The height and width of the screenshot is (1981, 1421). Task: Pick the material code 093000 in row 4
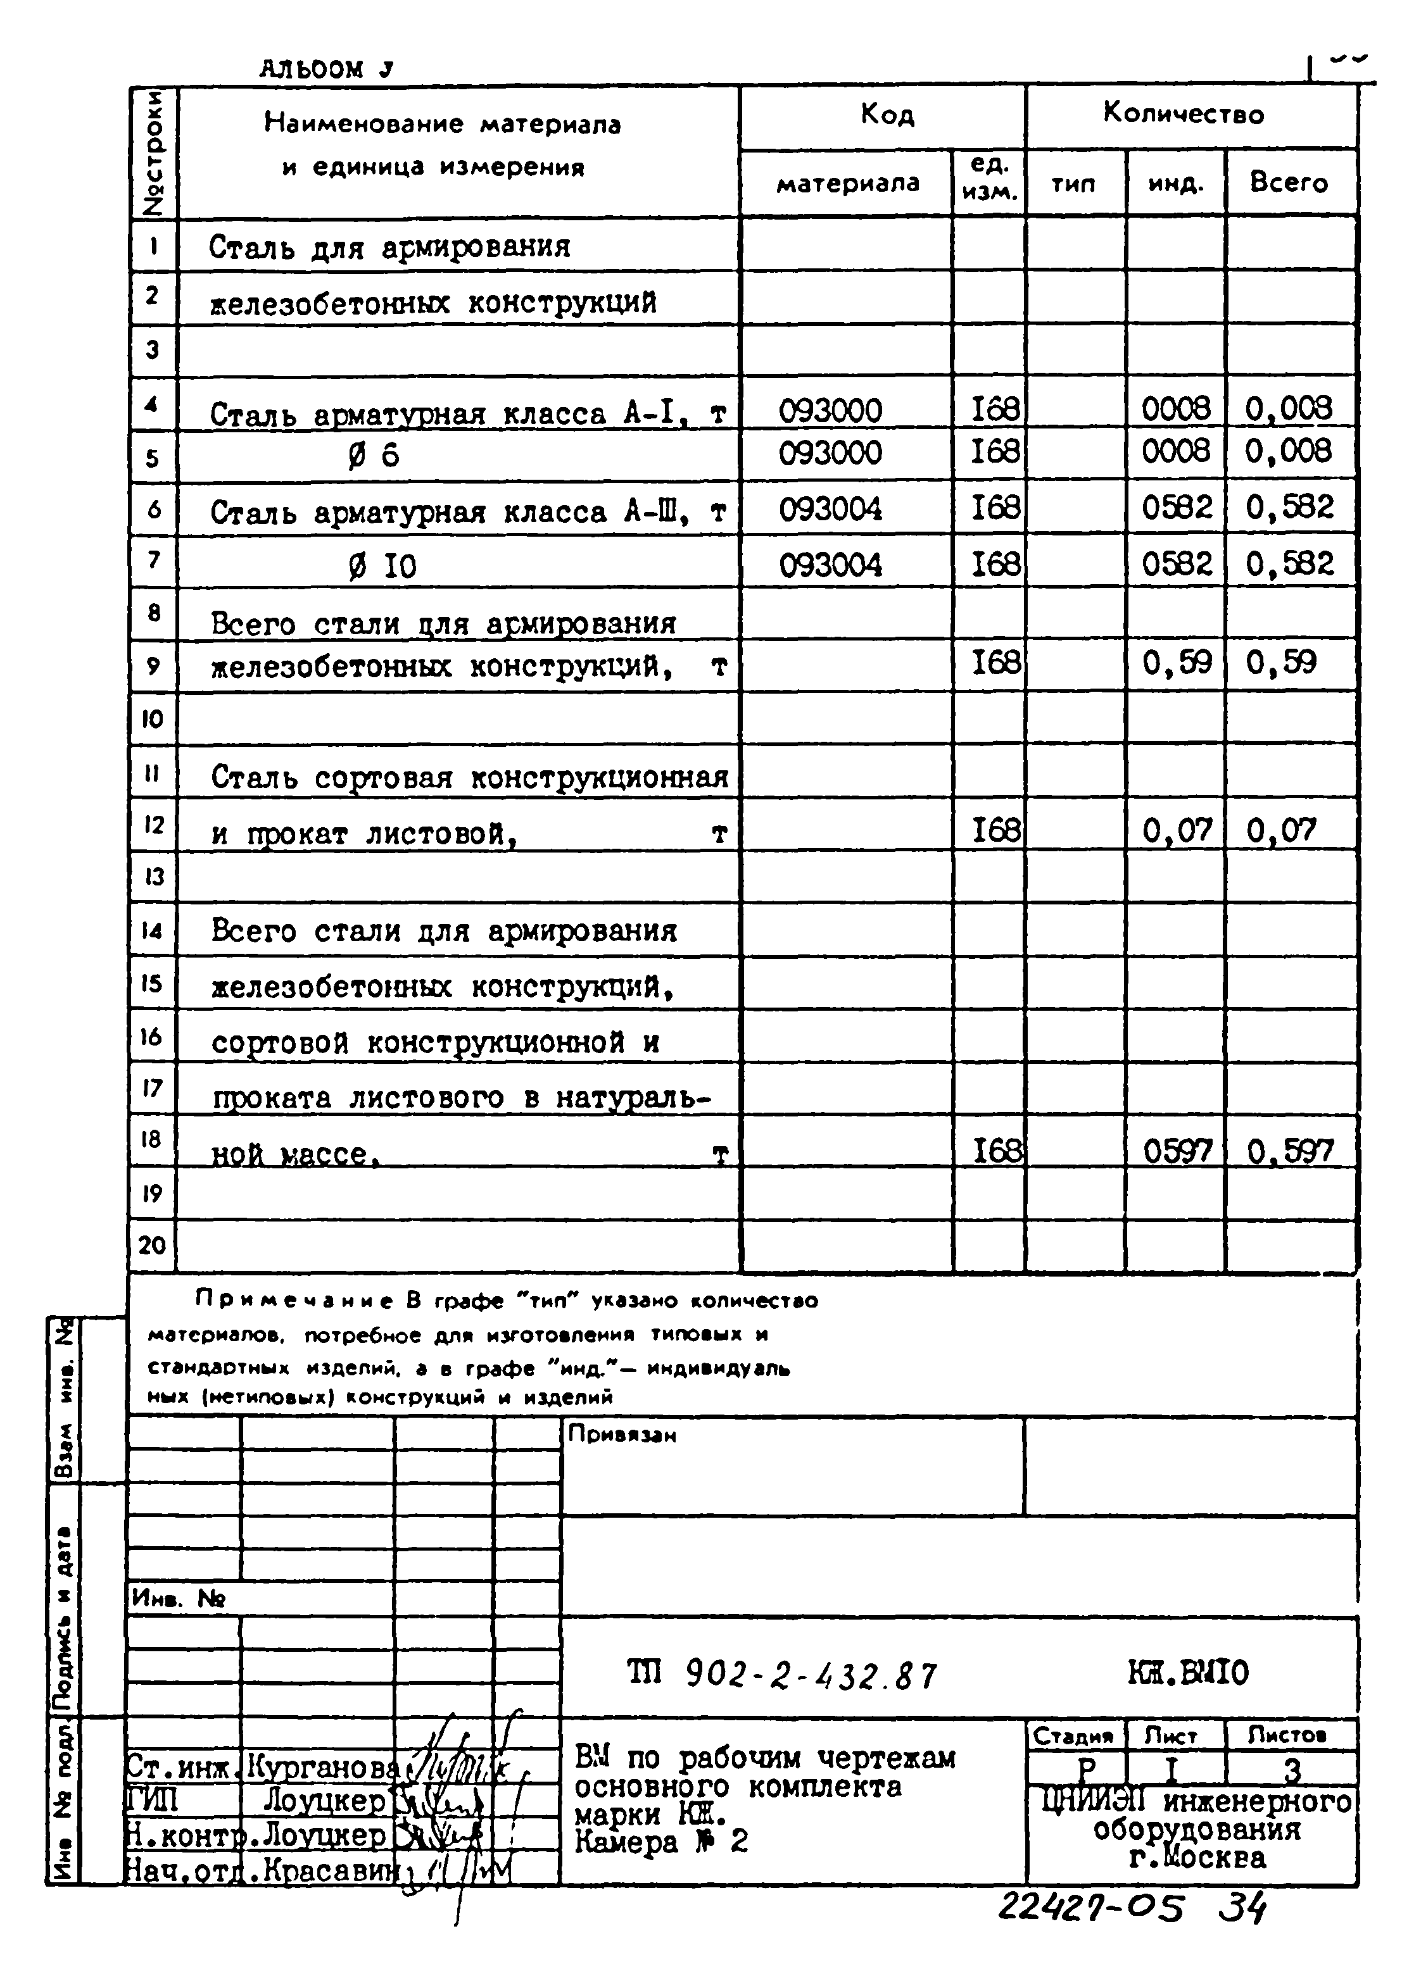pos(830,409)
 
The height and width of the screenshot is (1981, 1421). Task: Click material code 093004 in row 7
pos(830,565)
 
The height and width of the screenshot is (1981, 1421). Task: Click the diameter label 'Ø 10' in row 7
pos(382,568)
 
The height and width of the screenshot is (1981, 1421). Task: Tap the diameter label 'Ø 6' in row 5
pos(373,456)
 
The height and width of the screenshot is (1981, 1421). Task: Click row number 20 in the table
pos(152,1245)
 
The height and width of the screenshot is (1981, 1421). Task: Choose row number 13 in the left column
pos(153,876)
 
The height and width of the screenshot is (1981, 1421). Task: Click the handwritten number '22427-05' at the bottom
pos(1090,1908)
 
